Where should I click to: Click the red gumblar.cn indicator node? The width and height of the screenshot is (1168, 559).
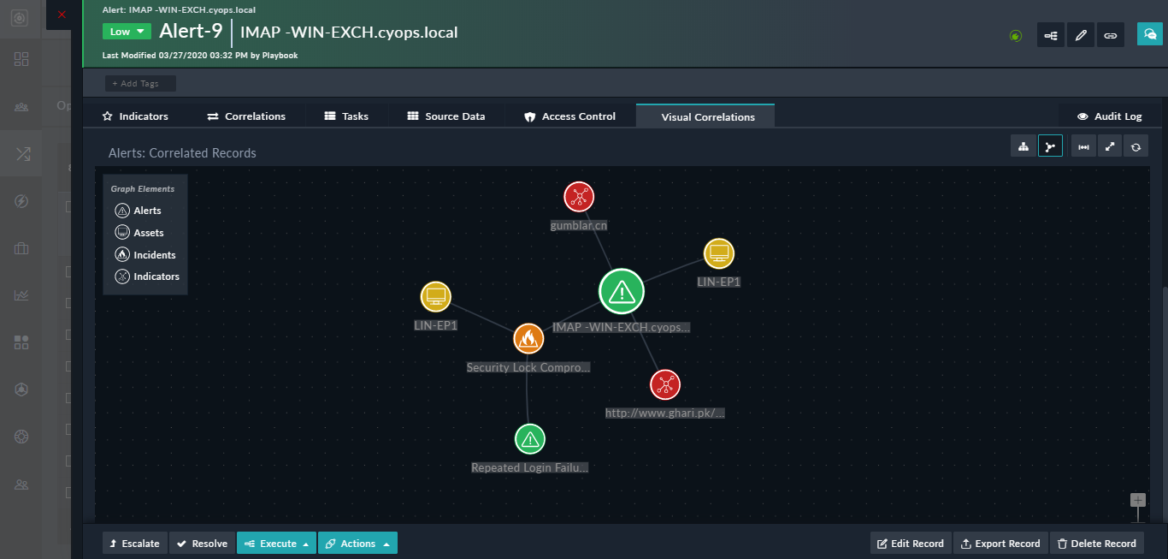[579, 198]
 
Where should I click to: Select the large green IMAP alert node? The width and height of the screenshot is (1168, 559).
[622, 291]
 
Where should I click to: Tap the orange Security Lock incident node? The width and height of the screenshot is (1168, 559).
[528, 339]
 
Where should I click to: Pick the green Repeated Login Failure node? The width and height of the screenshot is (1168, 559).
[530, 439]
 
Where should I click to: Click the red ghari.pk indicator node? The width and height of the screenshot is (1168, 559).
[664, 384]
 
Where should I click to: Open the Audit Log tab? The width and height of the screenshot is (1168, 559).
[1109, 116]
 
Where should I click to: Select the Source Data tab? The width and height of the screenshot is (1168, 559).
[445, 116]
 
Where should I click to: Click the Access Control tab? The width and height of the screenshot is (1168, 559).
[569, 116]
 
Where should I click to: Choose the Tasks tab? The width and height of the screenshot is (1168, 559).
[346, 116]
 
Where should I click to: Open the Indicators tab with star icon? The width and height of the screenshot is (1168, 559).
[135, 116]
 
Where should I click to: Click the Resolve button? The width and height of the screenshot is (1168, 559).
[202, 544]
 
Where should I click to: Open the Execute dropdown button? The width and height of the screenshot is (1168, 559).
[278, 544]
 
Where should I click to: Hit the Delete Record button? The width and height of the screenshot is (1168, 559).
[1096, 544]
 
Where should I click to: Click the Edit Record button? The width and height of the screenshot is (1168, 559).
[910, 544]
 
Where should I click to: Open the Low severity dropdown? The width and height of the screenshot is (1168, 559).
[127, 32]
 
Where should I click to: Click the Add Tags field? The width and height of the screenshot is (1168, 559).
[140, 84]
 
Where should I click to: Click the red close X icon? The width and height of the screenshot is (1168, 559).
[62, 15]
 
